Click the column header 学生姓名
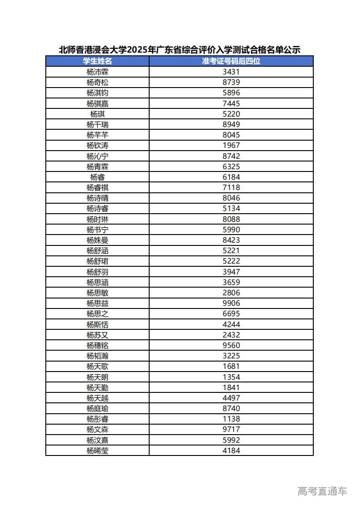97,61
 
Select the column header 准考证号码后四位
231,61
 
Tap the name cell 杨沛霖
97,72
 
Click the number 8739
231,82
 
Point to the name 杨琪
97,114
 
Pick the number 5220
231,114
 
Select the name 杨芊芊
97,135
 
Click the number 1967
231,145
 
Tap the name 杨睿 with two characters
97,177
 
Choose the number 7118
231,187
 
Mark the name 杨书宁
97,230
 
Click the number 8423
231,240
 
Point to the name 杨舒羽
97,272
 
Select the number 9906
231,303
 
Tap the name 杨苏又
97,335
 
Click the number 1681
231,366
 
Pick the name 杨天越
97,398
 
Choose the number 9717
231,429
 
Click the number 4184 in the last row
231,450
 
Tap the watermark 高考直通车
322,491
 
